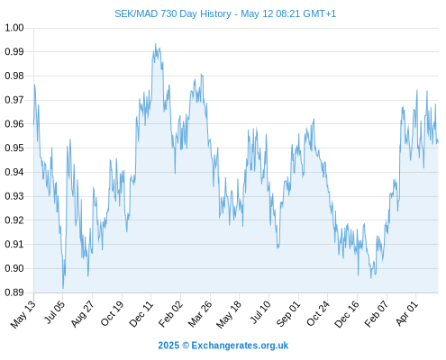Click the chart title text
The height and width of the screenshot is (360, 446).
tap(225, 13)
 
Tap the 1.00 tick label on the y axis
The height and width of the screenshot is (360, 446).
tap(14, 28)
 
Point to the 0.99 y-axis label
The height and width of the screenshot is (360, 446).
tap(14, 51)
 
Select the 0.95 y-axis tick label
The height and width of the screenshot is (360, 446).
tap(14, 148)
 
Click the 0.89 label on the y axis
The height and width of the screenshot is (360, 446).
tap(14, 292)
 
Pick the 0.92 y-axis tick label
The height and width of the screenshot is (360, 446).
tap(14, 220)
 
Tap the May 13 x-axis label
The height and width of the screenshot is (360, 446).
tap(23, 314)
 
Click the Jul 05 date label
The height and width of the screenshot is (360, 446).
tap(54, 312)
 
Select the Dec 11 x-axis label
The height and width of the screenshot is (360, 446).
tap(141, 314)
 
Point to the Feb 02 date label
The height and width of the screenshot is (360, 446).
tap(170, 314)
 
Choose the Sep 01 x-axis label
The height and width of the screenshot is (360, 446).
tap(288, 314)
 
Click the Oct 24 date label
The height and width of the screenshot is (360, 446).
tap(318, 314)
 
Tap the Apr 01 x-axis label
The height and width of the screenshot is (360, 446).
tap(407, 313)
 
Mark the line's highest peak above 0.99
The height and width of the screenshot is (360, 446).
tap(155, 44)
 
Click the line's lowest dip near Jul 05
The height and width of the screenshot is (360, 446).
tap(63, 288)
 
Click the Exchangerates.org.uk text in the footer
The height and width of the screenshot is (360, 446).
tap(240, 346)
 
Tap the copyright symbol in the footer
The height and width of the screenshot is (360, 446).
tap(186, 346)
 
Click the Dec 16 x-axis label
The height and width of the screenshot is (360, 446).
tap(347, 314)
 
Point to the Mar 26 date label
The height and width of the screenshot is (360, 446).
tap(200, 314)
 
